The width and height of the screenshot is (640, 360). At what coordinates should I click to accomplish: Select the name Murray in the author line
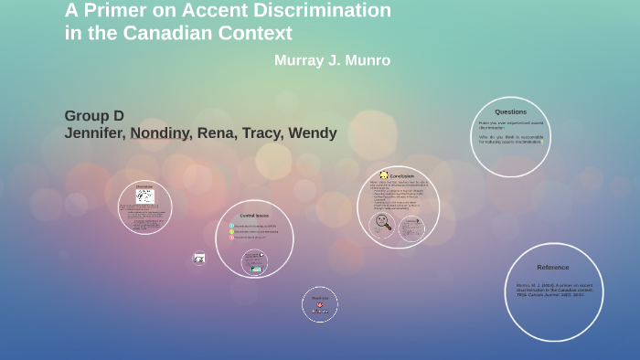pyautogui.click(x=300, y=60)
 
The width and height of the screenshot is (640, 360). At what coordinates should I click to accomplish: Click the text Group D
pyautogui.click(x=94, y=116)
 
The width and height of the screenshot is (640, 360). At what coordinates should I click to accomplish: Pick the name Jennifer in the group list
pyautogui.click(x=95, y=133)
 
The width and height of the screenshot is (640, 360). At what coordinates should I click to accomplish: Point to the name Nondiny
pyautogui.click(x=161, y=133)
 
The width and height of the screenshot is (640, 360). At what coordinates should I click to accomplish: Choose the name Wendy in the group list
pyautogui.click(x=313, y=133)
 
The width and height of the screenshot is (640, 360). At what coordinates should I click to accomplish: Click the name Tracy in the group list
pyautogui.click(x=263, y=133)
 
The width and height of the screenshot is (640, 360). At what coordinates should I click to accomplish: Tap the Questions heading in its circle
pyautogui.click(x=510, y=111)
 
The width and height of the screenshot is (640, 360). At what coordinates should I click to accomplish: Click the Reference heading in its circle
pyautogui.click(x=553, y=267)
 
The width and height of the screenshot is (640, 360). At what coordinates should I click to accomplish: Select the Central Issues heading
pyautogui.click(x=254, y=216)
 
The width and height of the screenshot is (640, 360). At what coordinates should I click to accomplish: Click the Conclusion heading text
pyautogui.click(x=402, y=175)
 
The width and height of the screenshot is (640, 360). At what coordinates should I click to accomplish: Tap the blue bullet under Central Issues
pyautogui.click(x=232, y=226)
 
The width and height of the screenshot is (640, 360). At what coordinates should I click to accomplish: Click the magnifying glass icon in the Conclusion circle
pyautogui.click(x=383, y=222)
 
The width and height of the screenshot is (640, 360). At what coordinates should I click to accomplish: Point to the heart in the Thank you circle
pyautogui.click(x=319, y=305)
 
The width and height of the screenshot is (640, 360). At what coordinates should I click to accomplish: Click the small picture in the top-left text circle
pyautogui.click(x=145, y=196)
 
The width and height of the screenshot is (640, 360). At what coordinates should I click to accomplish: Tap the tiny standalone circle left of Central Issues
pyautogui.click(x=199, y=259)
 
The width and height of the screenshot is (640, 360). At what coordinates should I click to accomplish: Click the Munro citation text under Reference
pyautogui.click(x=554, y=290)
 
